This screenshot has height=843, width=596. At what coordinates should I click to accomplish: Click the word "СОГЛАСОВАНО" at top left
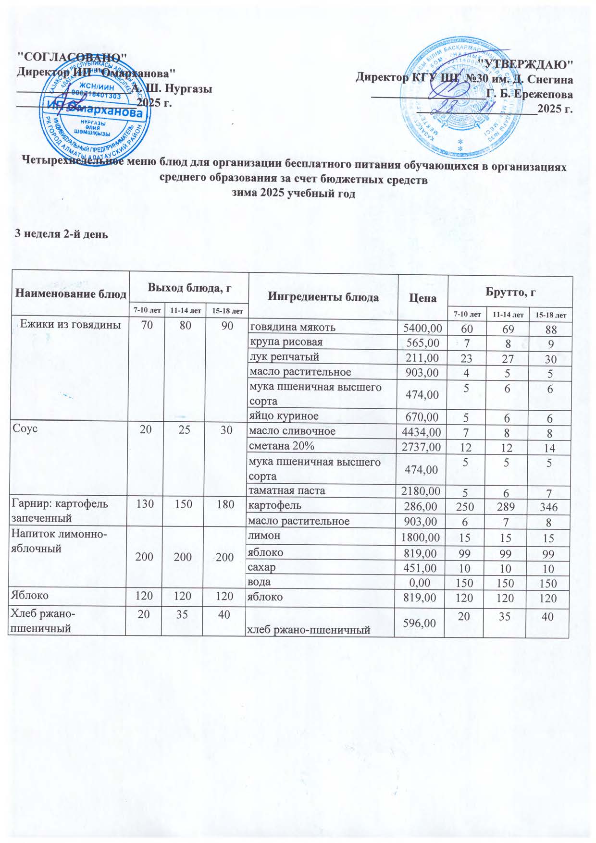pyautogui.click(x=72, y=56)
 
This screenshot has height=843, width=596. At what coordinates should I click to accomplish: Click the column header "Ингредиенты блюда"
pyautogui.click(x=323, y=297)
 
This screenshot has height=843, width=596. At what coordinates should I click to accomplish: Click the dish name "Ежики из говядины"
pyautogui.click(x=70, y=325)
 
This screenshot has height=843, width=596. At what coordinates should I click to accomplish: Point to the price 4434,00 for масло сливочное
pyautogui.click(x=421, y=432)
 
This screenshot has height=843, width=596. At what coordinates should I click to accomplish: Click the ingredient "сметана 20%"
pyautogui.click(x=281, y=446)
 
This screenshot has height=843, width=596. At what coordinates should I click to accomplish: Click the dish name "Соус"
pyautogui.click(x=22, y=429)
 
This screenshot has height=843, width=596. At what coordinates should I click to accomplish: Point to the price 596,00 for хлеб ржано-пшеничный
pyautogui.click(x=421, y=623)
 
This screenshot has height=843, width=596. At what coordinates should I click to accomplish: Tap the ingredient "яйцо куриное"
pyautogui.click(x=284, y=416)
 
